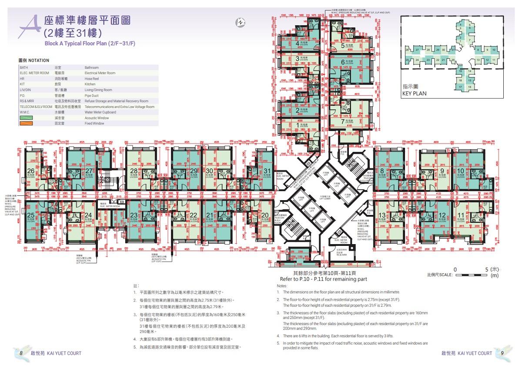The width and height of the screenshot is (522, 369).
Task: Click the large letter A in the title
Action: tap(30, 26)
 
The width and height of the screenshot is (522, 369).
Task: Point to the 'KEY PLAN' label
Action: tap(414, 93)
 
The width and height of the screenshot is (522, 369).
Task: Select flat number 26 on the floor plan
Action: tap(30, 171)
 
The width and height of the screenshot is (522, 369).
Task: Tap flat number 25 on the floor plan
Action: tap(30, 215)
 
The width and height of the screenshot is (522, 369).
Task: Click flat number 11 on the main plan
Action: tap(461, 215)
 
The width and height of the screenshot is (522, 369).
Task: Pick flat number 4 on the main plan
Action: tap(298, 44)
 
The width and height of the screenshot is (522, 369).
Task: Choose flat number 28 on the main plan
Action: tap(134, 171)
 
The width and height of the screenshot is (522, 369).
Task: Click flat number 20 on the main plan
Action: tap(265, 215)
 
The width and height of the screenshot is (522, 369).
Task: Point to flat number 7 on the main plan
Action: tap(343, 122)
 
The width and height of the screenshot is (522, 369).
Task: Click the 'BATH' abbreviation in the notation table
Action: tap(23, 68)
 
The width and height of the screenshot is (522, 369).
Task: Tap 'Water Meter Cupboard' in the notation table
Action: tap(100, 112)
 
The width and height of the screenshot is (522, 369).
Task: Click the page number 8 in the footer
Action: tap(21, 353)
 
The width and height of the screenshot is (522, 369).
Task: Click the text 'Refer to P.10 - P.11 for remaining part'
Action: tap(324, 279)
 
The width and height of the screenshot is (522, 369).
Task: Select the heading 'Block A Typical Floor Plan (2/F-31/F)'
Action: tap(90, 44)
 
